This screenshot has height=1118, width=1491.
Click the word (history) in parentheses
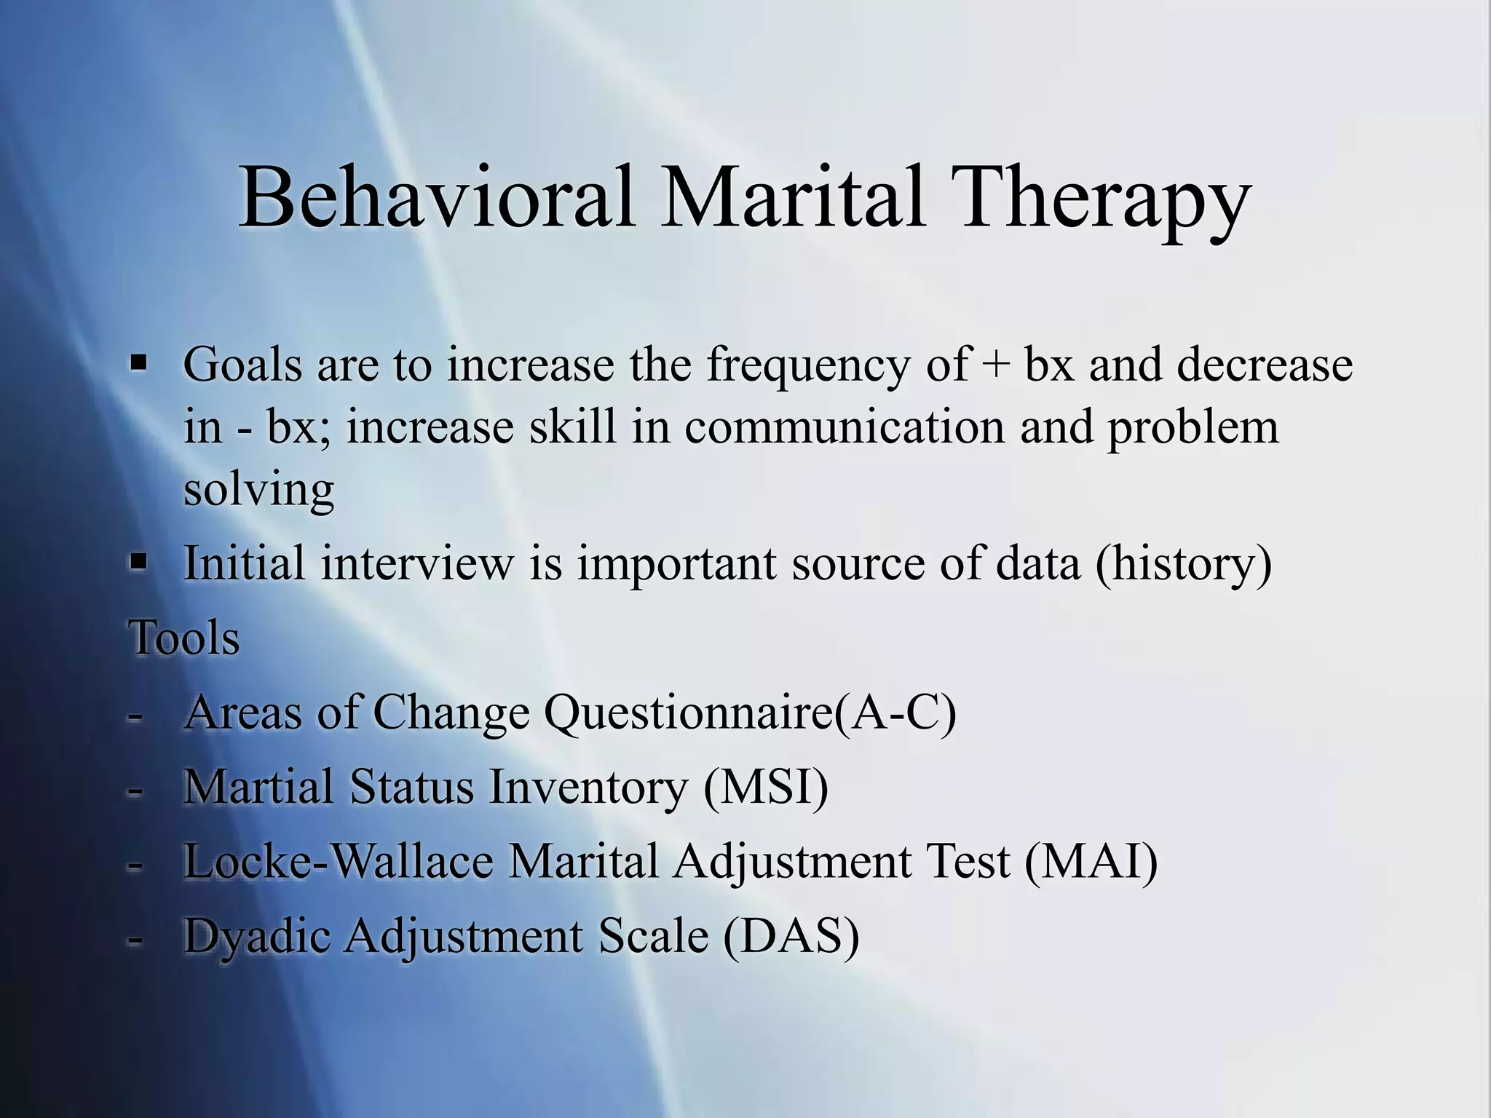pos(1183,564)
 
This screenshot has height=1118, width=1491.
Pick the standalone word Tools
pos(184,638)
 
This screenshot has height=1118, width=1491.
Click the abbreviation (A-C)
pos(895,713)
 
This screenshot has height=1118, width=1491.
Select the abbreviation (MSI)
pos(766,788)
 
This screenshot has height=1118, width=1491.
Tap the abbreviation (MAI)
pos(1091,862)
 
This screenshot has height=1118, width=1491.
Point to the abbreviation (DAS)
pos(791,937)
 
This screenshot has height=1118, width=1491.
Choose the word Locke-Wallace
pos(339,862)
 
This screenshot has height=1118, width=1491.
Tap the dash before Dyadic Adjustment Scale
pos(134,939)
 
